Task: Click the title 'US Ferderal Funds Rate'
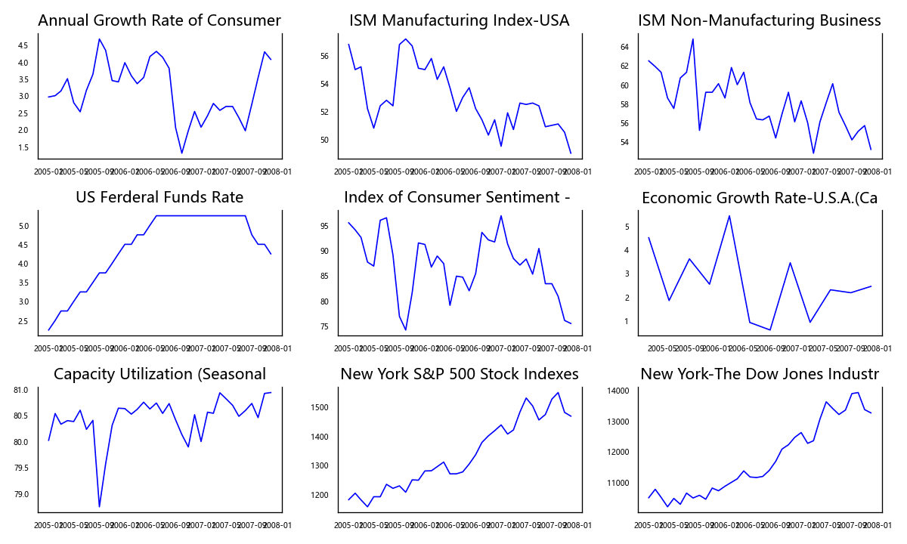[x=159, y=198]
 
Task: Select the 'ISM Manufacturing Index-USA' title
[x=460, y=21]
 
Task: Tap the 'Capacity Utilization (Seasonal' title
[x=159, y=375]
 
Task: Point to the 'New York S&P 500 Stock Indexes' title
[x=460, y=375]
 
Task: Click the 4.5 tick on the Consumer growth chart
[x=23, y=45]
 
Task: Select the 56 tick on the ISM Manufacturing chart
[x=324, y=57]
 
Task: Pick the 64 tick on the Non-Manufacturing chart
[x=624, y=47]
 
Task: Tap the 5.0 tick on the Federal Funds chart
[x=23, y=226]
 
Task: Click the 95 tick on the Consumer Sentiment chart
[x=324, y=226]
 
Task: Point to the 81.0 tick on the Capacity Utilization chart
[x=21, y=391]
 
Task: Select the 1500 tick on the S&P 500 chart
[x=320, y=408]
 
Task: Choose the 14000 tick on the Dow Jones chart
[x=619, y=391]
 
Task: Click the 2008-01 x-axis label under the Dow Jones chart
[x=878, y=526]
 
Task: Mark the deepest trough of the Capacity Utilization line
[x=99, y=507]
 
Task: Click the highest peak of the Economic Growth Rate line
[x=729, y=215]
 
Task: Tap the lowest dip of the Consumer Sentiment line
[x=405, y=330]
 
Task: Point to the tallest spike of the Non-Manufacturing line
[x=693, y=39]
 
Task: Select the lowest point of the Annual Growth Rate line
[x=181, y=153]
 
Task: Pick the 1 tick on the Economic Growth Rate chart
[x=627, y=321]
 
